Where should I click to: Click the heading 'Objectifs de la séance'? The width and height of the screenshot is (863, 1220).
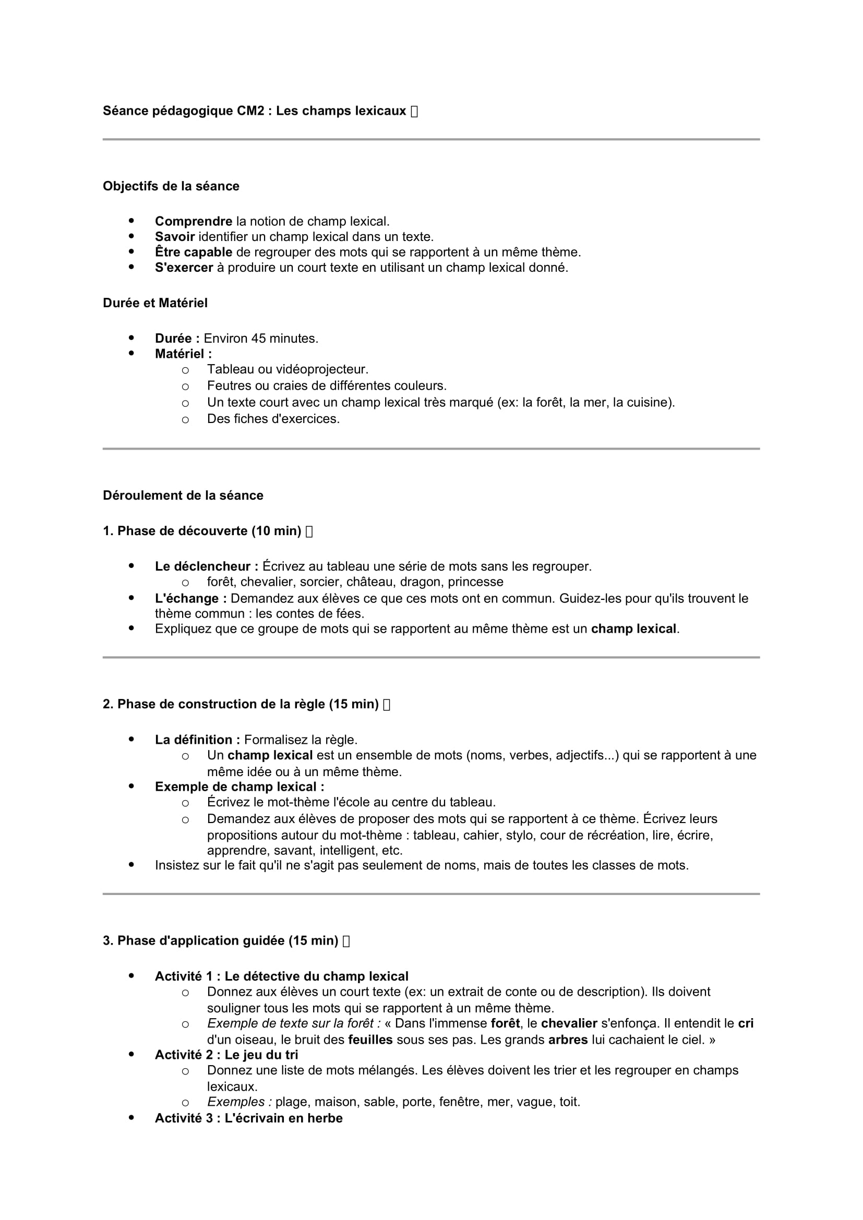171,186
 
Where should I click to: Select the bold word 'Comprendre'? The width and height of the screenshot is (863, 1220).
194,221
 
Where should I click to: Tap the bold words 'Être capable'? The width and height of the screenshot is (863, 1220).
194,252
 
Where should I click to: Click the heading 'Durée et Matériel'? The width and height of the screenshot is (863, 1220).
155,303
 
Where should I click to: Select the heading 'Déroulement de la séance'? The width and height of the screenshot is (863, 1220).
183,495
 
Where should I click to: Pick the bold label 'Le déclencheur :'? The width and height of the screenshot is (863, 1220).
206,566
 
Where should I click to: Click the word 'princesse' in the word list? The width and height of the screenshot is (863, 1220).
476,582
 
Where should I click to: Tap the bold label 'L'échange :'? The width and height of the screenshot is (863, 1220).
191,598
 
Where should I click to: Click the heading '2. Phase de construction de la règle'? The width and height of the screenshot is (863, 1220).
240,704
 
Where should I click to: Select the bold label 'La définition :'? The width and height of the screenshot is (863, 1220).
197,740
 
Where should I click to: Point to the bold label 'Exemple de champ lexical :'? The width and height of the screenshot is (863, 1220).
239,787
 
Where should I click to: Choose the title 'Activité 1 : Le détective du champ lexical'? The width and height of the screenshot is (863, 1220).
282,976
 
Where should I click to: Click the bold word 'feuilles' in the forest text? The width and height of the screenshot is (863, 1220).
370,1040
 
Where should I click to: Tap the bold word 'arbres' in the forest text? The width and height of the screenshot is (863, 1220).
568,1040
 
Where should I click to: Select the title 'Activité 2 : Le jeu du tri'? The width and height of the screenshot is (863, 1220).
226,1055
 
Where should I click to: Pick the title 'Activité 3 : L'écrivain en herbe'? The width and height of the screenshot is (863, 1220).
249,1118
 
